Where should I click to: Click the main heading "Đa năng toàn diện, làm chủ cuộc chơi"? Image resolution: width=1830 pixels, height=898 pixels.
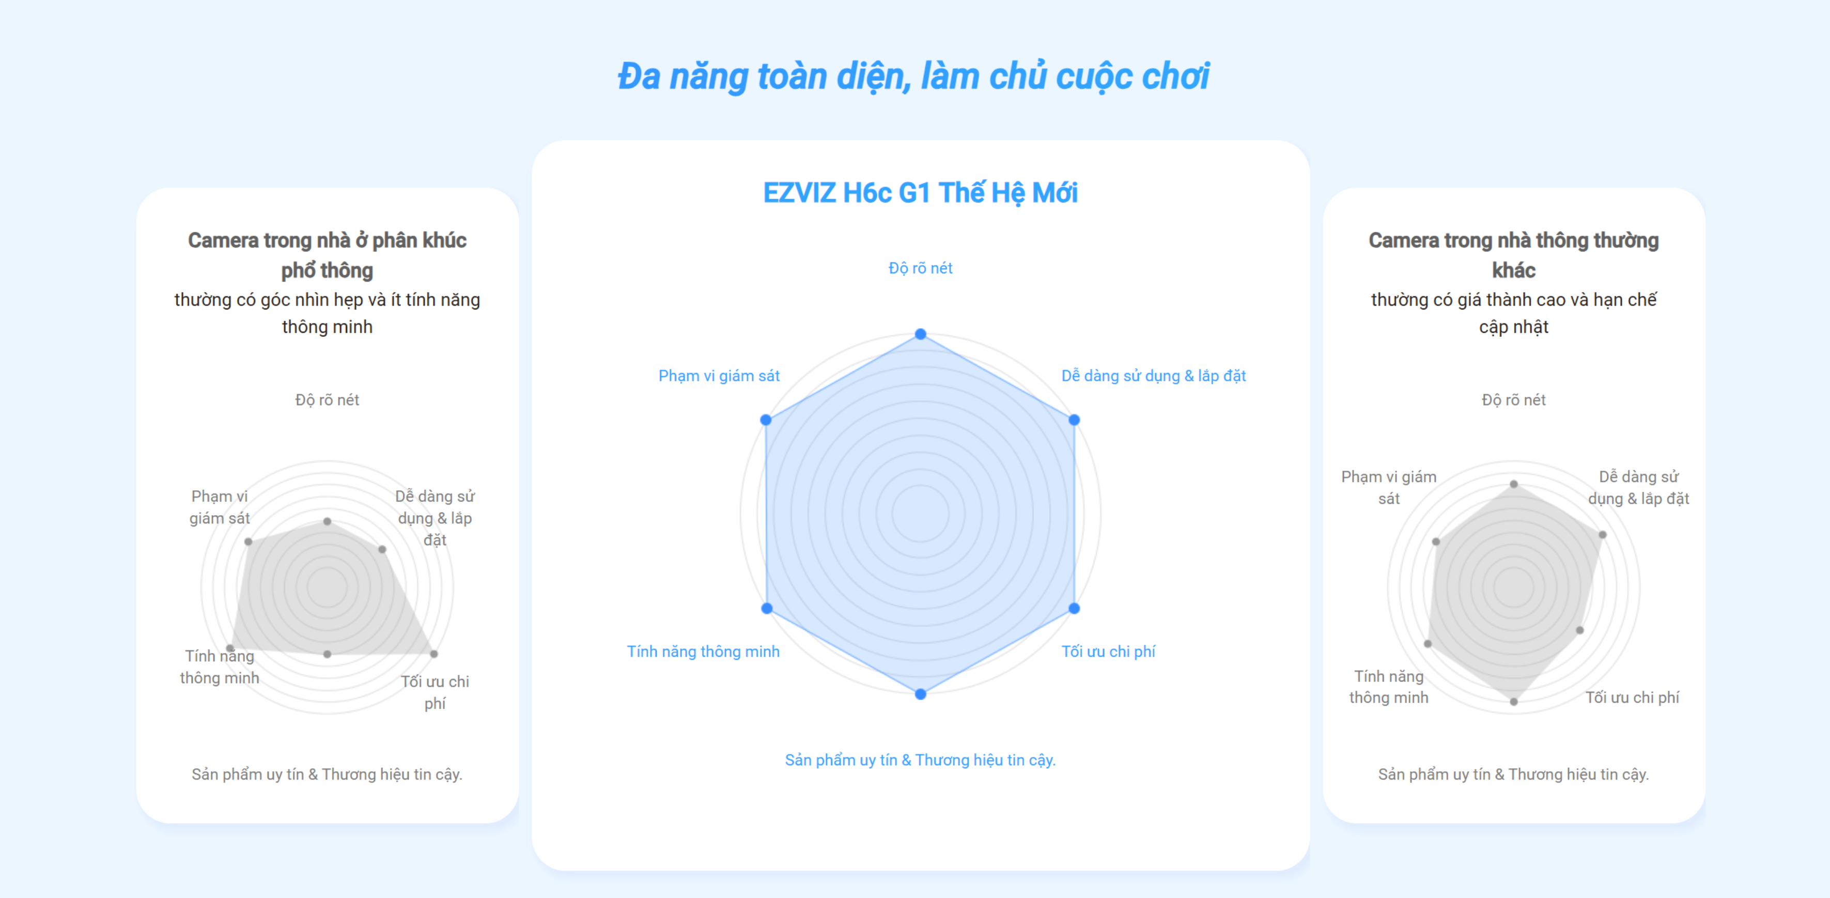913,76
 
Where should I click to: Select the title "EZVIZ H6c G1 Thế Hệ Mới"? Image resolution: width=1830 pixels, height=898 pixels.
920,193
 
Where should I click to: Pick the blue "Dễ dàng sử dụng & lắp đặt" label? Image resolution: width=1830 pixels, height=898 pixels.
1153,376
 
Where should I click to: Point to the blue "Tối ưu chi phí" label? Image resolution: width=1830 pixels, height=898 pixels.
1108,652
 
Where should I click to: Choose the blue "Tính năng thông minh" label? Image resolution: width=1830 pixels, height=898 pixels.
703,652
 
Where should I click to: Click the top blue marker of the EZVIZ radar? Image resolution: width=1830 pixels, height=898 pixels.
920,334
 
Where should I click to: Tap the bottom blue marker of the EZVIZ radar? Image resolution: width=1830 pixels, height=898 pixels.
920,694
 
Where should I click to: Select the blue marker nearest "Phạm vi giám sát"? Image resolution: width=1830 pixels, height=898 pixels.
766,420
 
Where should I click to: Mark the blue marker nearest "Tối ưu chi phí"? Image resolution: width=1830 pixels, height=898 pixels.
1074,608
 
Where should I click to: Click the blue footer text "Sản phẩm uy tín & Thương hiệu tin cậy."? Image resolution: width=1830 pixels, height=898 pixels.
920,760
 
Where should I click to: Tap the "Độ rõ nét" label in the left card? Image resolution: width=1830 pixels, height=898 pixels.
327,400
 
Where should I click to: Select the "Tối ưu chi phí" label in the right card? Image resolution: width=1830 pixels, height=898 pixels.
1632,698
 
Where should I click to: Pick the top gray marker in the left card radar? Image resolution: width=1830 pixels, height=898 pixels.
327,521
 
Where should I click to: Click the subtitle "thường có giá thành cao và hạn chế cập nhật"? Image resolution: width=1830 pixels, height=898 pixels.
1513,313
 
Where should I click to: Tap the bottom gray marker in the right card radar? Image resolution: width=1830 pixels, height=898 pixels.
1514,702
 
